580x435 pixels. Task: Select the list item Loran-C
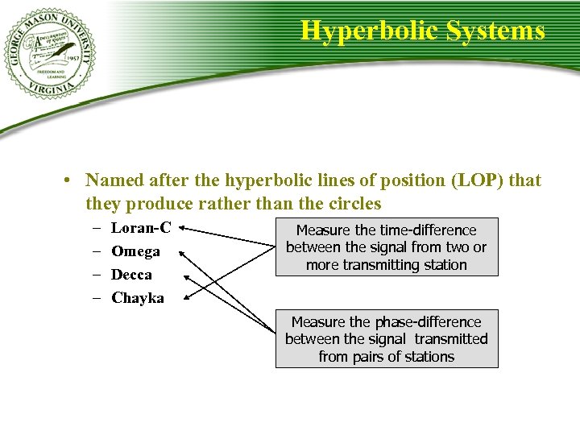click(x=141, y=228)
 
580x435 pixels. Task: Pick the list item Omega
click(x=135, y=251)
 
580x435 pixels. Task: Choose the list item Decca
click(x=131, y=275)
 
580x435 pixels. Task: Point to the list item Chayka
click(x=137, y=298)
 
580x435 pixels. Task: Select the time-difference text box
click(x=387, y=247)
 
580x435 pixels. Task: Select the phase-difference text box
click(x=387, y=338)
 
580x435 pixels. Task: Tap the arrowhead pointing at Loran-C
click(x=184, y=229)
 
